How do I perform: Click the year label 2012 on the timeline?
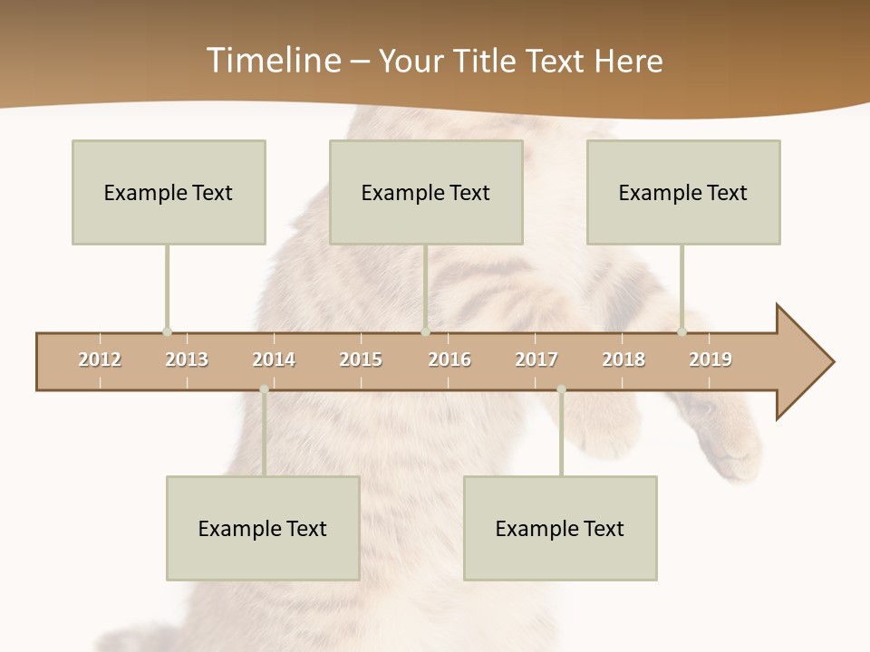point(100,360)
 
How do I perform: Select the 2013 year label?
point(187,360)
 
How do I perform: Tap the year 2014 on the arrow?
point(274,360)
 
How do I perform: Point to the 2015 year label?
point(361,360)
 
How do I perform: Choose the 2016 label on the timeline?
point(449,360)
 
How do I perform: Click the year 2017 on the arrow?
point(536,360)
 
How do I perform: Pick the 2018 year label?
point(623,360)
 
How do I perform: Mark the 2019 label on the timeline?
point(710,360)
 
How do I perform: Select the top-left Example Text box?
point(169,192)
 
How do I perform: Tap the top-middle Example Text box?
point(426,192)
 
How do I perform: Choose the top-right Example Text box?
point(683,192)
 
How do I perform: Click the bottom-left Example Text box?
point(263,528)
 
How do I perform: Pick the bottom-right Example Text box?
point(560,528)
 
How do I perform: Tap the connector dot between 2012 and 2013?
point(167,331)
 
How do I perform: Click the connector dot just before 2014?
point(264,389)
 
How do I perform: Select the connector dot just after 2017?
point(561,389)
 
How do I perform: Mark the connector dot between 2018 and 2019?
point(681,331)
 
